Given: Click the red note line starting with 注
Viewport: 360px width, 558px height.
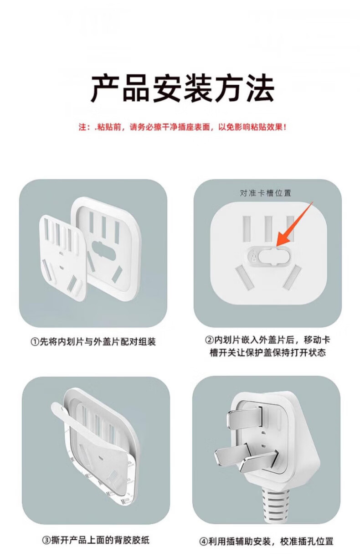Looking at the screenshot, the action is tap(182, 127).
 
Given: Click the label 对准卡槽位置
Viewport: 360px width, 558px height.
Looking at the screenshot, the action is tap(266, 193).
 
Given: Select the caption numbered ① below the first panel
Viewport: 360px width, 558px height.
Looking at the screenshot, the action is tap(93, 341).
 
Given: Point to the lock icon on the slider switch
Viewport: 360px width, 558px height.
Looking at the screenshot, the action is tap(254, 256).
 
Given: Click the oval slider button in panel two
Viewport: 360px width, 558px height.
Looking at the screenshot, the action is tap(273, 256).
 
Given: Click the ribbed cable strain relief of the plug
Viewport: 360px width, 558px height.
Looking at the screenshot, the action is tap(276, 507).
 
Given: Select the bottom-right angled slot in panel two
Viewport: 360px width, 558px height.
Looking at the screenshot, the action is tap(293, 278).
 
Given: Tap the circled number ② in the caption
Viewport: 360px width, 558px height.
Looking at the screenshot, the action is tap(209, 340).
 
